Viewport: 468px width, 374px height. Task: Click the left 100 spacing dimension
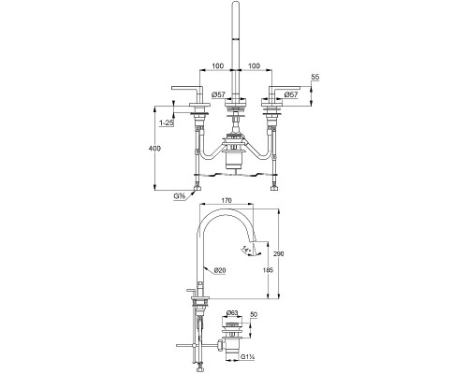[218, 67]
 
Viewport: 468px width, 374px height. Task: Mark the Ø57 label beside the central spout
[219, 93]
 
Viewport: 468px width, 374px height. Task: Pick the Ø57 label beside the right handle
[291, 93]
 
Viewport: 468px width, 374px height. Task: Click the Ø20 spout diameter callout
[219, 271]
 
